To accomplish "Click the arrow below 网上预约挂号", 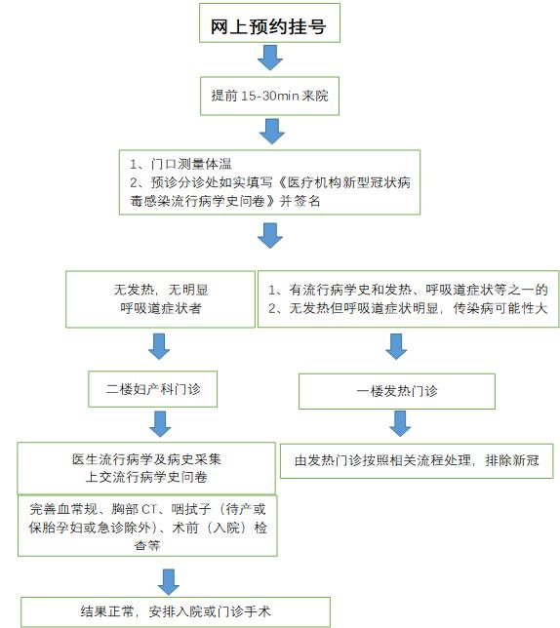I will point(270,59).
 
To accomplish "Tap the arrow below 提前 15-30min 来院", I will point(270,130).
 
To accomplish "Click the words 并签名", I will point(300,200).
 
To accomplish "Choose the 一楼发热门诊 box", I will point(396,390).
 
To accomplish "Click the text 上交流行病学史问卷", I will point(144,477).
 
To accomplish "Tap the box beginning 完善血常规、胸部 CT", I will point(147,527).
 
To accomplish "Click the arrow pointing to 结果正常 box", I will point(168,580).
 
